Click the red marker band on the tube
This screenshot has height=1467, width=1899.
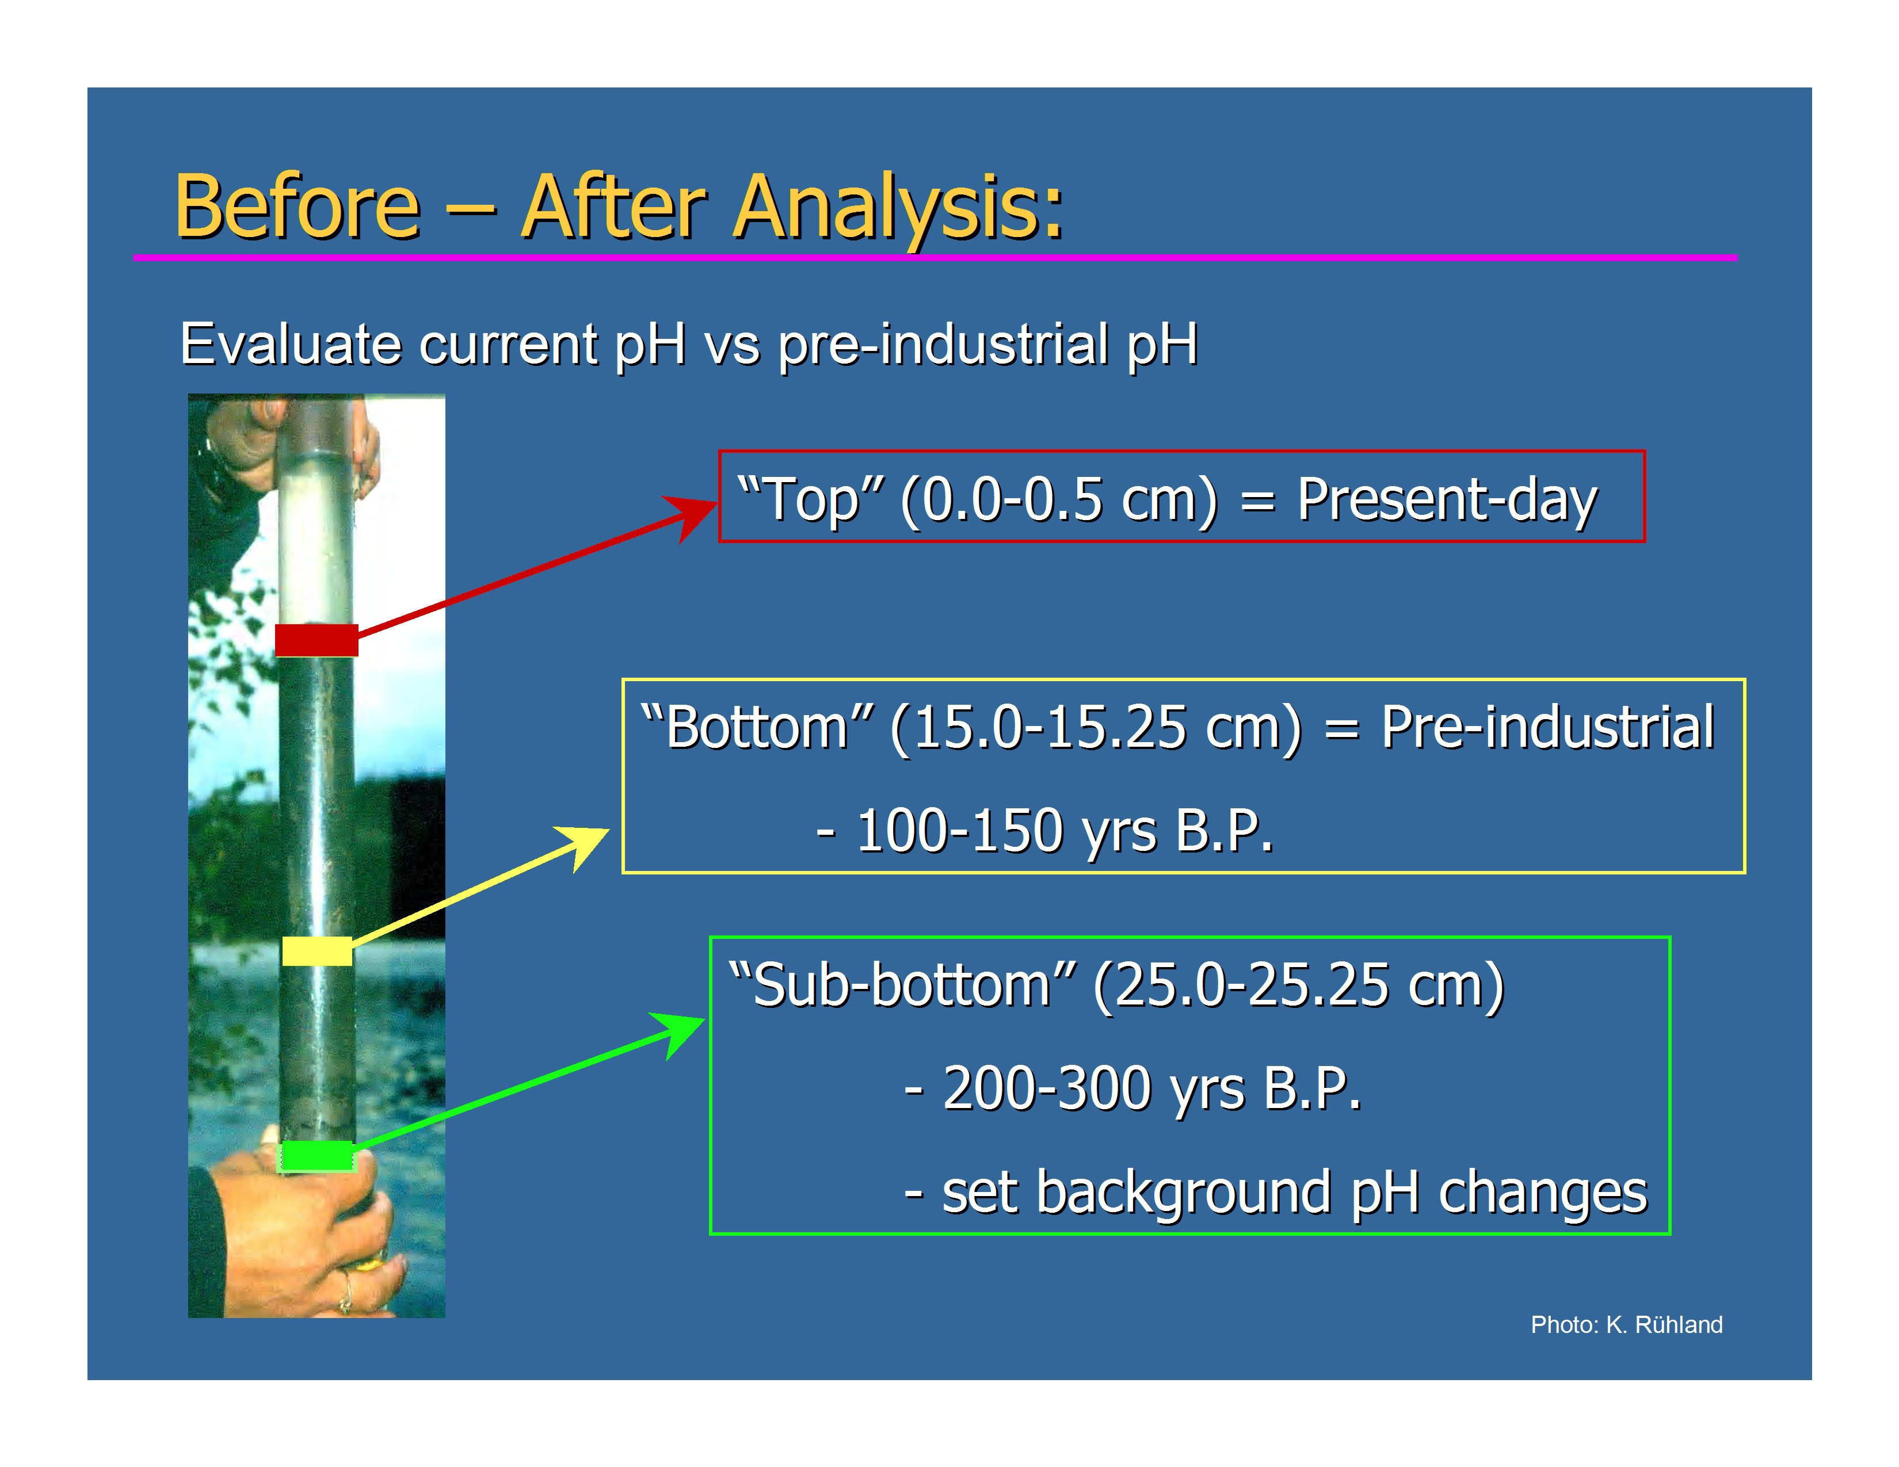(x=316, y=640)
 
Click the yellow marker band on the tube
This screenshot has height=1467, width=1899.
(x=318, y=951)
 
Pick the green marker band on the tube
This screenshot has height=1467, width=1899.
(x=315, y=1156)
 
